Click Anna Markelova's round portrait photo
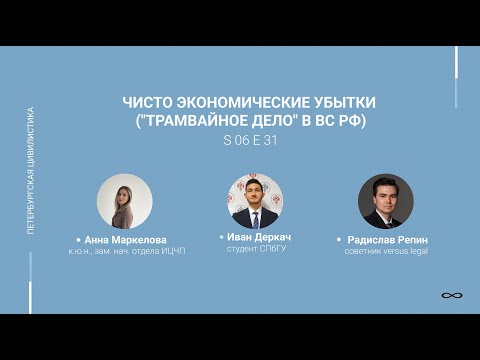pos(124,201)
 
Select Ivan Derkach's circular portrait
pos(254,199)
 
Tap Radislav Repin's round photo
pos(386,201)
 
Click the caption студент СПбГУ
pos(256,248)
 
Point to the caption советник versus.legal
pos(385,252)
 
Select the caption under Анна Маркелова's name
pos(124,252)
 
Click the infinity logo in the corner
pos(449,296)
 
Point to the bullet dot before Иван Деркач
pos(219,236)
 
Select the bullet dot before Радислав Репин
pos(339,241)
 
